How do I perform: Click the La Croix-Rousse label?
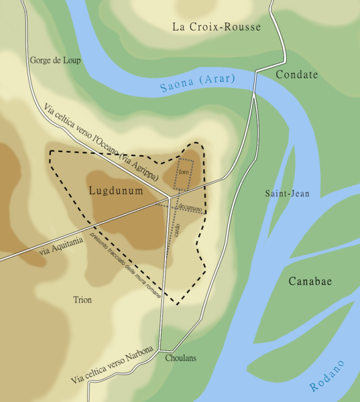pos(216,27)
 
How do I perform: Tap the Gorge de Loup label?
pos(55,60)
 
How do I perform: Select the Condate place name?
pos(296,74)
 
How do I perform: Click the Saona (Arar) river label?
pos(198,83)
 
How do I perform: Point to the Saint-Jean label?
pos(287,194)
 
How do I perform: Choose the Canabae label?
pos(310,281)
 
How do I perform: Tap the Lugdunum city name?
pos(116,191)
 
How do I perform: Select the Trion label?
pos(82,299)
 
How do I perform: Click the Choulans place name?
pos(180,358)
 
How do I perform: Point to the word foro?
pos(184,173)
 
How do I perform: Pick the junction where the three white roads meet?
pos(168,198)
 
